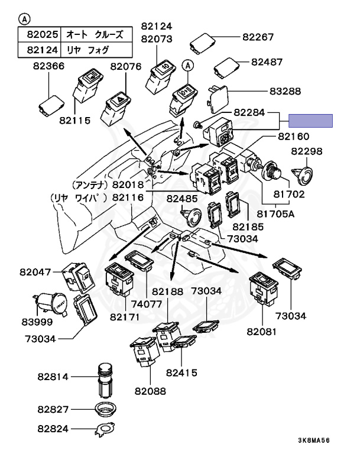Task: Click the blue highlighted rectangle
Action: [x=310, y=121]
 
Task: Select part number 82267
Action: [x=258, y=37]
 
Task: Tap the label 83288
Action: [x=284, y=92]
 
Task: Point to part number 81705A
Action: [x=274, y=214]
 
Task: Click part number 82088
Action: [x=150, y=391]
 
